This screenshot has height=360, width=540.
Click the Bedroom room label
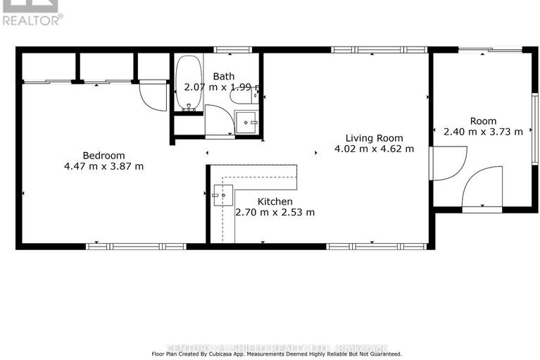tap(103, 155)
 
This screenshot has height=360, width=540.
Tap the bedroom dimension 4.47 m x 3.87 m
tap(103, 166)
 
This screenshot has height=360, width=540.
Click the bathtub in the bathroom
tap(188, 85)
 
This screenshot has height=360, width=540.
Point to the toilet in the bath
tap(242, 99)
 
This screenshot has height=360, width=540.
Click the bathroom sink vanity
tap(247, 123)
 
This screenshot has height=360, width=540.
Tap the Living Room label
tap(373, 138)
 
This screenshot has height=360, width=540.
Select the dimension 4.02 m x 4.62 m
tap(373, 149)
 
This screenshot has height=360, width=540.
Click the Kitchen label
tap(275, 201)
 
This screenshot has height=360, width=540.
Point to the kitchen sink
tap(223, 195)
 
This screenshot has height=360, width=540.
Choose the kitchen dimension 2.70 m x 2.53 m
tap(275, 212)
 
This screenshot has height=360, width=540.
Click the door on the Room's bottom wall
tap(483, 187)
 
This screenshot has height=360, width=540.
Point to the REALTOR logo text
tap(32, 20)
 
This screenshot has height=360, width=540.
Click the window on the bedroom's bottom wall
tap(135, 246)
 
